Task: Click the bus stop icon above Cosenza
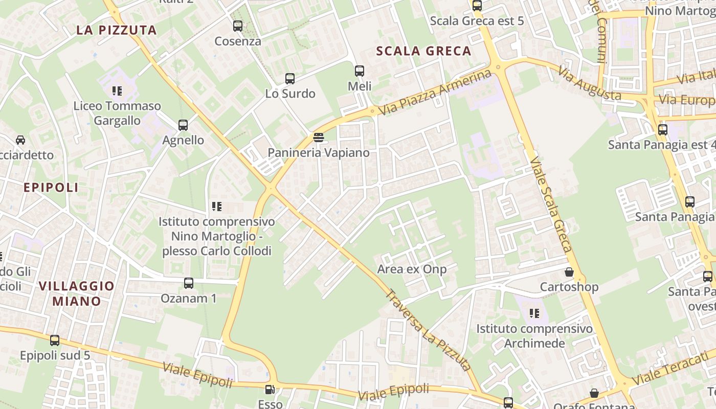238,26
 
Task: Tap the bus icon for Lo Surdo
290,79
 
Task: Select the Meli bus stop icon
360,71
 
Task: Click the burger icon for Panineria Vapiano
319,137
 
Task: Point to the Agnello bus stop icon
183,125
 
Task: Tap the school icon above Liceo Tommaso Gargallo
117,91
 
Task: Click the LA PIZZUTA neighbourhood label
117,30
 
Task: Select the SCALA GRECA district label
423,51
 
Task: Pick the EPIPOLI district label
51,188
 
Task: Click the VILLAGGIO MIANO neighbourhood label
77,293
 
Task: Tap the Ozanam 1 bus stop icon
189,283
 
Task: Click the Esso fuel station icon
270,390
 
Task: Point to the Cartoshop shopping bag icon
569,272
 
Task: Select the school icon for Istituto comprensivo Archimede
534,313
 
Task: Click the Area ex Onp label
412,269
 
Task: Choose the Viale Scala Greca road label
551,204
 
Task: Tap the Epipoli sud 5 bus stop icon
55,340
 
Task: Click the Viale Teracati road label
674,369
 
